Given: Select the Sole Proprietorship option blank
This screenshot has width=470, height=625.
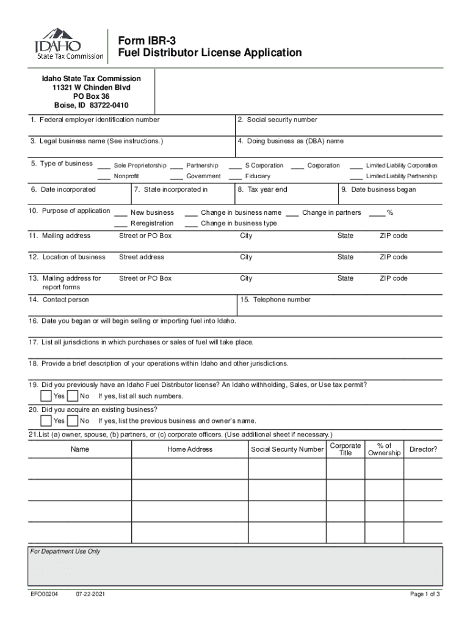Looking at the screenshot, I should pos(104,165).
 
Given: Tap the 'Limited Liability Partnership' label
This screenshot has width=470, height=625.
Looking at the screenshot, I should pos(401,176).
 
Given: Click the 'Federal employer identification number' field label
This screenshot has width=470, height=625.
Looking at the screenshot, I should pos(95,120).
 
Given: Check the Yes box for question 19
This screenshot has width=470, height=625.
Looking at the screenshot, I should pos(46,396).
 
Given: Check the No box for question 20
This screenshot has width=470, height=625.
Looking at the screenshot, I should pos(72,421).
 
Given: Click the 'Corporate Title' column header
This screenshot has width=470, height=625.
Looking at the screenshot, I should pos(345,449).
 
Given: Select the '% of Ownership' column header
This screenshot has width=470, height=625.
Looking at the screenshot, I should pos(384,449).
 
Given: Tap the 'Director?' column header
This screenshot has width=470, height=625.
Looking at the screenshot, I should pos(423,449).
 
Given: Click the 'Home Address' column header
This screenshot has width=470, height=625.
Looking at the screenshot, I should pos(190,449).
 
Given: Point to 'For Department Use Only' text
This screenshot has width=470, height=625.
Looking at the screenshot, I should pos(65,552).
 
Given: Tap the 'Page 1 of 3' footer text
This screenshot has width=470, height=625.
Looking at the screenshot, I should pos(425,594).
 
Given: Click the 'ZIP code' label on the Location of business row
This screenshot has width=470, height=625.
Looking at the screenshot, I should pos(393,257).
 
